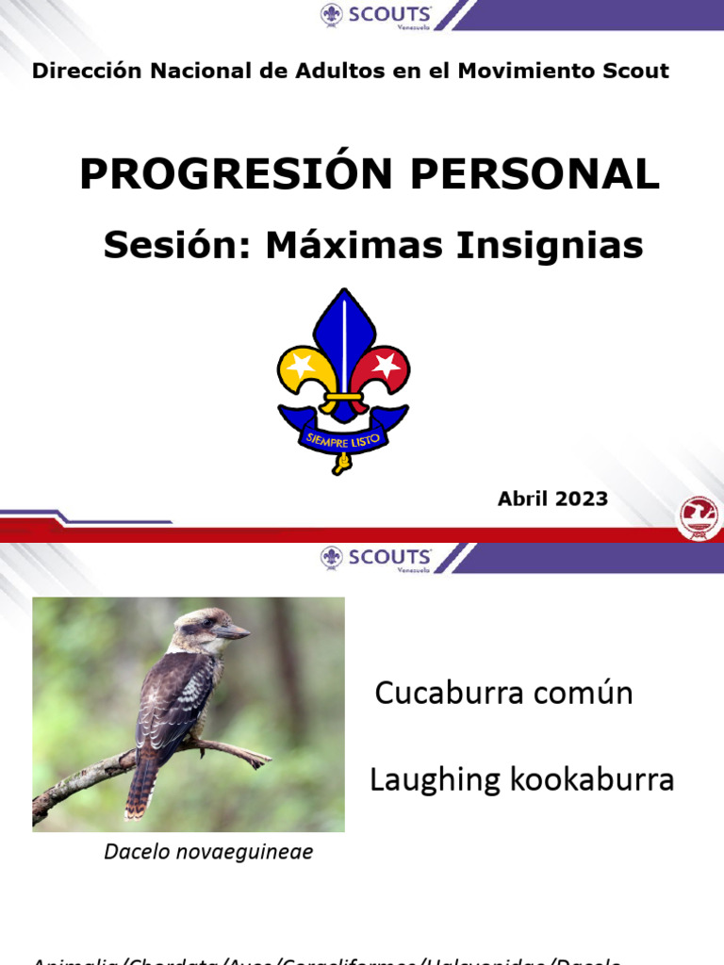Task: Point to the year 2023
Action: (581, 499)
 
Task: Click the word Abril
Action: (523, 499)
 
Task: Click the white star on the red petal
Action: (385, 366)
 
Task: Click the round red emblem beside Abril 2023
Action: (699, 517)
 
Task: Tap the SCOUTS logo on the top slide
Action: (376, 16)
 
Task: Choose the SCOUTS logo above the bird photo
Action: (376, 558)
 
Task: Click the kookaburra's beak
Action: (233, 631)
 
